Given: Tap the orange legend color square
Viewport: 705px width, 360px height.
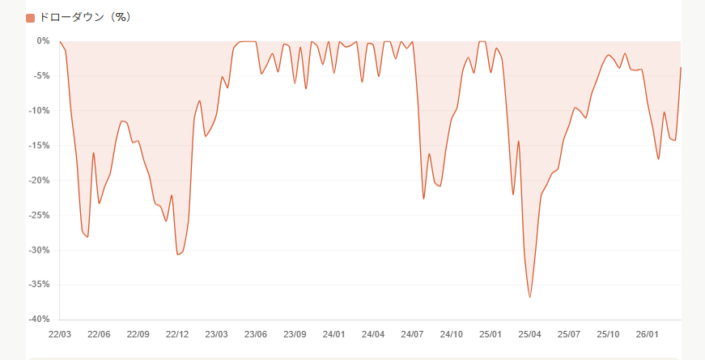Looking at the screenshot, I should click(x=31, y=18).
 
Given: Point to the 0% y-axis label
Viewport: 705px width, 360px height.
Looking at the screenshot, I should click(x=44, y=40).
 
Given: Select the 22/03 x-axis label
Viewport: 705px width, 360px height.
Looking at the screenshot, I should click(x=60, y=334).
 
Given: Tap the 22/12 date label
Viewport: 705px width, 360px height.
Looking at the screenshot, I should click(x=177, y=334).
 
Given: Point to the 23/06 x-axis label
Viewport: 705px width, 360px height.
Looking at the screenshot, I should click(x=256, y=334).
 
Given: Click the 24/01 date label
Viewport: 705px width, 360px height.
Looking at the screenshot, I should click(x=334, y=334).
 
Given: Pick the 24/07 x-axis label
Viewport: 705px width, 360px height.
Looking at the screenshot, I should click(x=412, y=334).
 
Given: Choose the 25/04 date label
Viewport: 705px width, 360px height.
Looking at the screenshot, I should click(x=529, y=334).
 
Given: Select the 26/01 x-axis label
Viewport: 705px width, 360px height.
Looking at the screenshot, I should click(x=647, y=334).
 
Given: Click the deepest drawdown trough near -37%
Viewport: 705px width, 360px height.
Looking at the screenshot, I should click(x=530, y=298).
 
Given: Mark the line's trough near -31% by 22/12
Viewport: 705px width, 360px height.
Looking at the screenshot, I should click(x=178, y=255).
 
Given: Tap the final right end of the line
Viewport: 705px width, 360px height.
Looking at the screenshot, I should click(x=681, y=67).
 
